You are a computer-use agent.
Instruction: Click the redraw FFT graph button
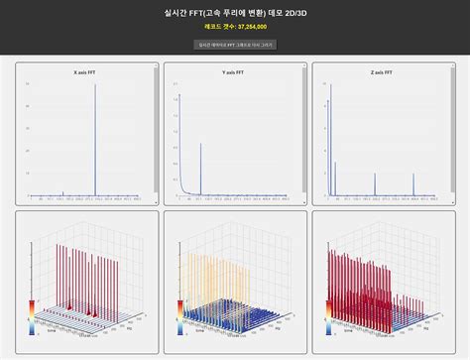pos(235,45)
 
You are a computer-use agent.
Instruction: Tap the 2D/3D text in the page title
pos(294,14)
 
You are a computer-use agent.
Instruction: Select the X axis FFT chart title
pos(86,72)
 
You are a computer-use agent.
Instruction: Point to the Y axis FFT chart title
pos(235,72)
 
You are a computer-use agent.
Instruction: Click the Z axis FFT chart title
pos(381,72)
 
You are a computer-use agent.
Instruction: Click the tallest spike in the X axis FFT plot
pos(95,139)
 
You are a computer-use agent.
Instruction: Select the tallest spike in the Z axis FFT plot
pos(328,149)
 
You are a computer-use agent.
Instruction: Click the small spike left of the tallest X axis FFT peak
pos(63,193)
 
